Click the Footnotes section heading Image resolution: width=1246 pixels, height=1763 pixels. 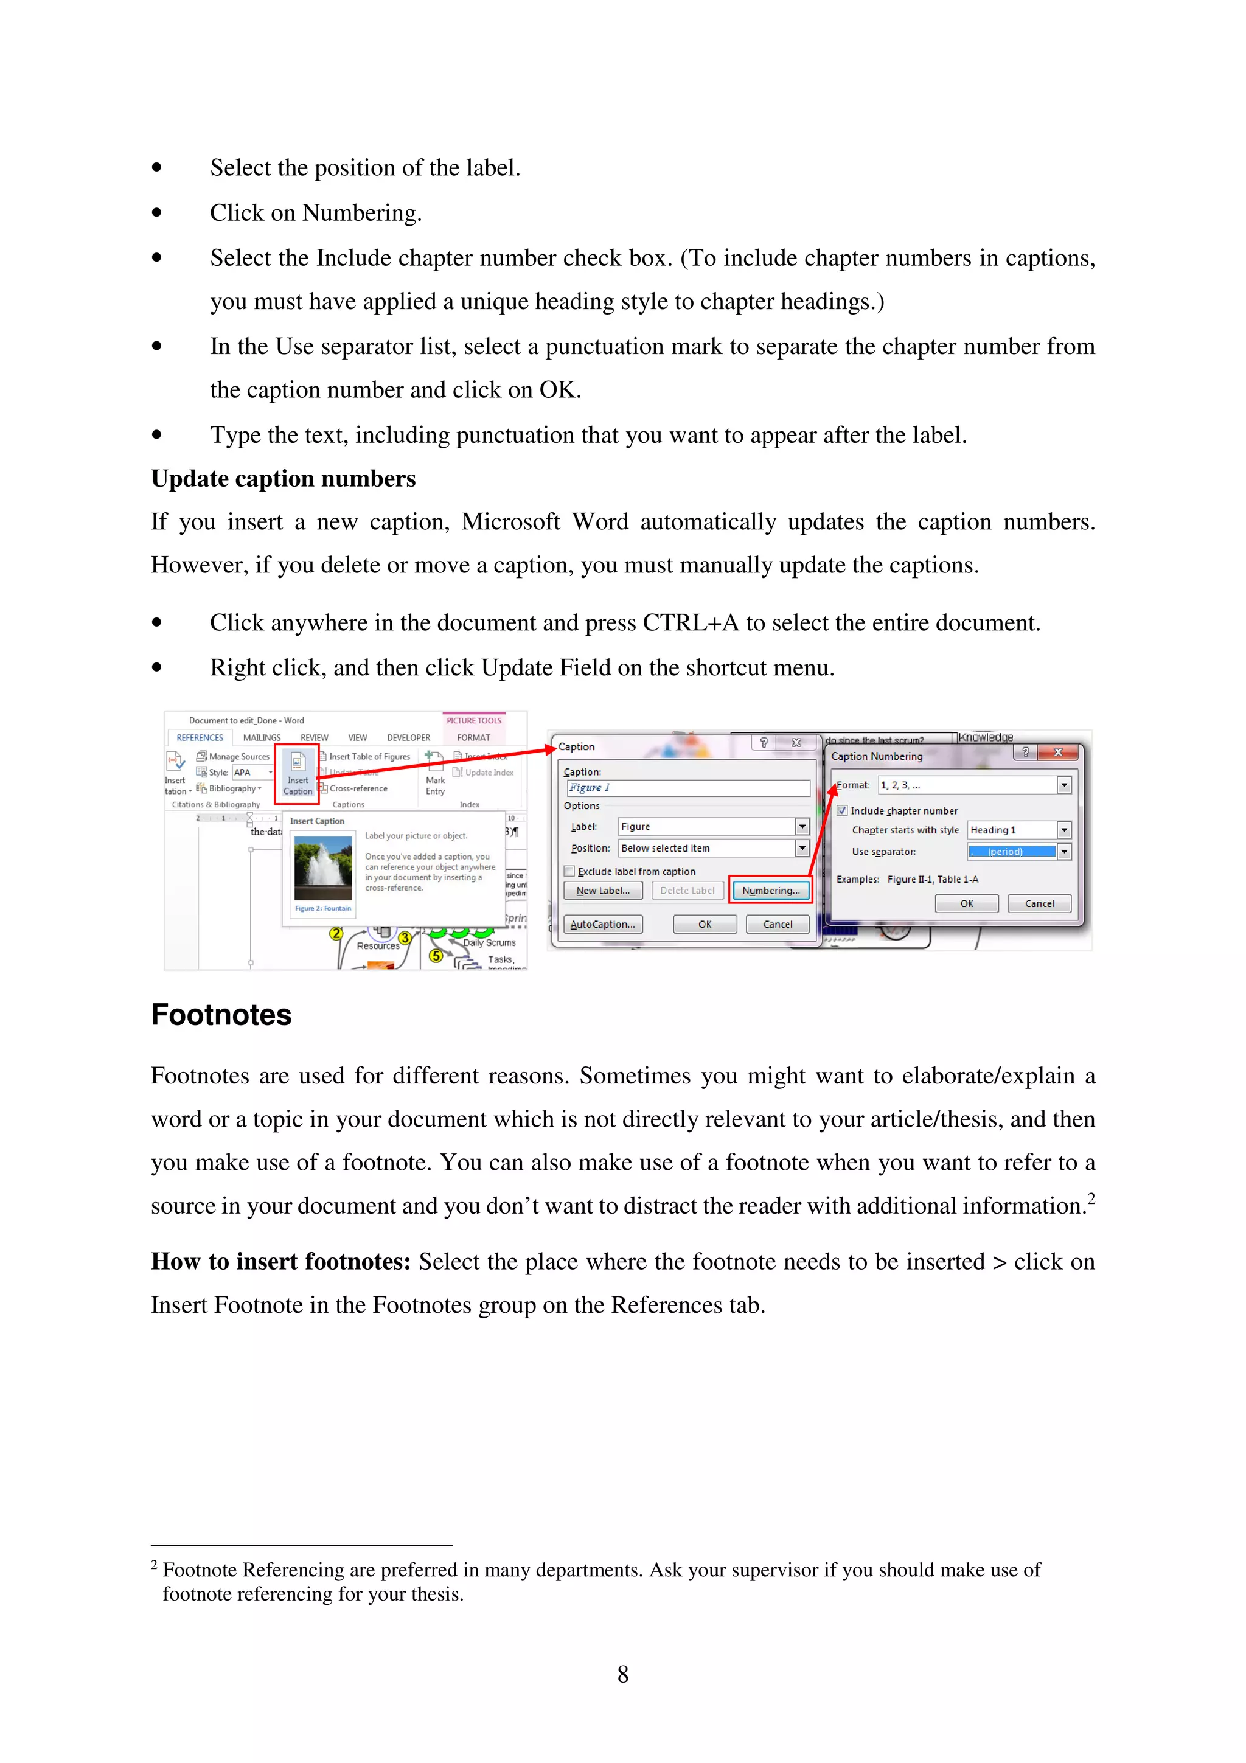(x=221, y=1015)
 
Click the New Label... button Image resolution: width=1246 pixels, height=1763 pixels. (x=603, y=891)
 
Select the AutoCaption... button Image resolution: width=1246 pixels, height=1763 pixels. (x=603, y=925)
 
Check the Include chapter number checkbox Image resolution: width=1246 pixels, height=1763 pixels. (x=842, y=811)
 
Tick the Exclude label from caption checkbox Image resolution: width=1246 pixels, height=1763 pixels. (x=569, y=872)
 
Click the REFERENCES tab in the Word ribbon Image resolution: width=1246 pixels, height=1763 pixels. (x=200, y=738)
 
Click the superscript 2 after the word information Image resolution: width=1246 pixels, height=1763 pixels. (x=1091, y=1198)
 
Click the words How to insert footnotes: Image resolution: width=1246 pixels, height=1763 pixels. (x=280, y=1262)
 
